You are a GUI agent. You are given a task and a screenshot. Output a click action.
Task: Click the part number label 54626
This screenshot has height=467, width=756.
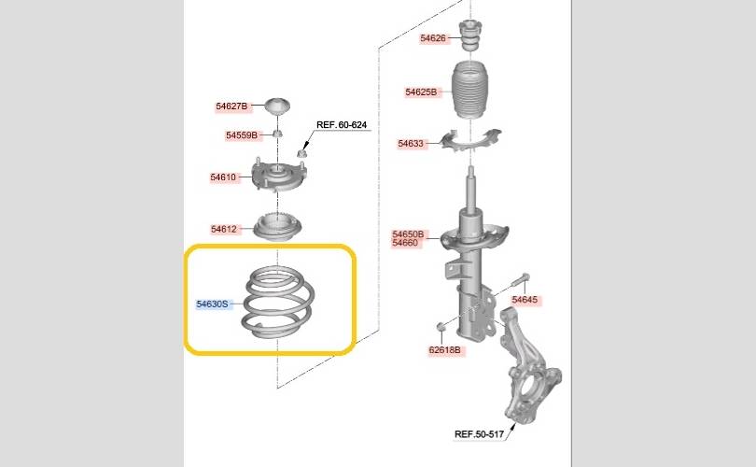tap(433, 38)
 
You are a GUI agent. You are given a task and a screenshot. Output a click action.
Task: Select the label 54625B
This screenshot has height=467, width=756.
tap(421, 92)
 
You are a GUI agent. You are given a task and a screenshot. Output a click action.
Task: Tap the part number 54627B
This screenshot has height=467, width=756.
tap(231, 106)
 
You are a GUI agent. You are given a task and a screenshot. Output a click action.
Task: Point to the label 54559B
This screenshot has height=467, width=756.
tap(242, 135)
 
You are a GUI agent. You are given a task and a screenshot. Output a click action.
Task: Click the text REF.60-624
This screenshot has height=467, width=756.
tap(342, 124)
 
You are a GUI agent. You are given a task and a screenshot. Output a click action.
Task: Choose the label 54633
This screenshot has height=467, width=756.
tap(411, 143)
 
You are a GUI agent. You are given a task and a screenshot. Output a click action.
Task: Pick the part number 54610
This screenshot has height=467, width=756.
tap(223, 177)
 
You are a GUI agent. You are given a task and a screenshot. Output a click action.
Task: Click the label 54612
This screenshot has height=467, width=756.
tap(224, 229)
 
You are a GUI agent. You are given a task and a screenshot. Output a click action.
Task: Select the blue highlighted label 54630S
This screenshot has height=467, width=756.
tap(212, 304)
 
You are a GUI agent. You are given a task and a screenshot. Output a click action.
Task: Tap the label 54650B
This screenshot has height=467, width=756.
tap(408, 234)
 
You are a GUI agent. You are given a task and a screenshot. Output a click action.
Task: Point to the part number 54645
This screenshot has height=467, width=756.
tap(525, 300)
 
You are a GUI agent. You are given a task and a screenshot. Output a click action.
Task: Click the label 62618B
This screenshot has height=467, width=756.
tap(444, 349)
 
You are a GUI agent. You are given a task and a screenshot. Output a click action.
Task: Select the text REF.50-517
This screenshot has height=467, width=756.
tap(479, 433)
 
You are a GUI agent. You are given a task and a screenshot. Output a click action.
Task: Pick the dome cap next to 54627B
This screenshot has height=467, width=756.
tap(278, 106)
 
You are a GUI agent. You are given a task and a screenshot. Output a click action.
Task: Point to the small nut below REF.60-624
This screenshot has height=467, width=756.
tap(301, 154)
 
